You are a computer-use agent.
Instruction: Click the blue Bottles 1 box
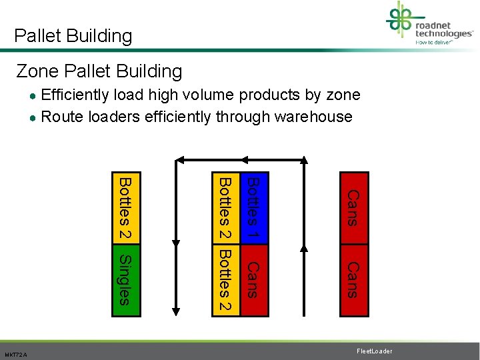(x=253, y=209)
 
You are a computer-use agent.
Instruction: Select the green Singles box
(x=125, y=279)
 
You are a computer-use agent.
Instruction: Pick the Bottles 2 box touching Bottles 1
(x=225, y=209)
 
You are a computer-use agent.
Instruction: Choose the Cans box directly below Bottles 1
(x=253, y=279)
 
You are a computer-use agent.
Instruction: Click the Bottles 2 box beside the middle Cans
(x=225, y=279)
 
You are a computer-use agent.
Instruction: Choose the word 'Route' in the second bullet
(x=61, y=117)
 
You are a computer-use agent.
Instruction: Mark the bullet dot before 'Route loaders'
(x=33, y=117)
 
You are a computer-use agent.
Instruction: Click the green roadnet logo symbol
(x=399, y=20)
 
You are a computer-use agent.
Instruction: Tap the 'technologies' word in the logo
(x=443, y=33)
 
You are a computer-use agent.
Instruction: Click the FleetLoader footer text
(x=374, y=351)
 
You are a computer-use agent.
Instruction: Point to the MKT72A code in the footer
(x=15, y=355)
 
